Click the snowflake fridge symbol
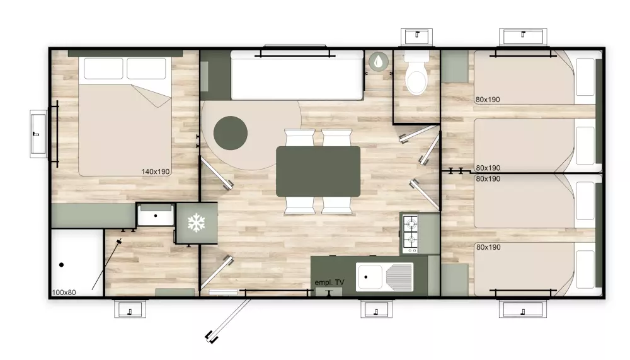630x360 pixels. [x=196, y=223]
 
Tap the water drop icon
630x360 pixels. [x=379, y=62]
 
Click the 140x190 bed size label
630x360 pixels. [x=156, y=171]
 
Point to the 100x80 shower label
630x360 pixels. [x=64, y=293]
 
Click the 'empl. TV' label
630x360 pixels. [x=329, y=282]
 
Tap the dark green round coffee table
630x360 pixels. [x=230, y=133]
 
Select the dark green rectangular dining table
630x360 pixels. [x=318, y=171]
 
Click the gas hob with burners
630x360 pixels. [x=410, y=235]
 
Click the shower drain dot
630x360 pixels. [x=62, y=265]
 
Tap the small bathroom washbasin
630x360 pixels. [x=156, y=215]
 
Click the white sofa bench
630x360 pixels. [x=297, y=75]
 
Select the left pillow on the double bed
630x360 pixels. [x=103, y=69]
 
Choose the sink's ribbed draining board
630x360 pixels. [x=399, y=277]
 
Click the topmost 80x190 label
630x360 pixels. [x=488, y=100]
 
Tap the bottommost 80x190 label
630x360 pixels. [x=488, y=247]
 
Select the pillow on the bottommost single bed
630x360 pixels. [x=585, y=269]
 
